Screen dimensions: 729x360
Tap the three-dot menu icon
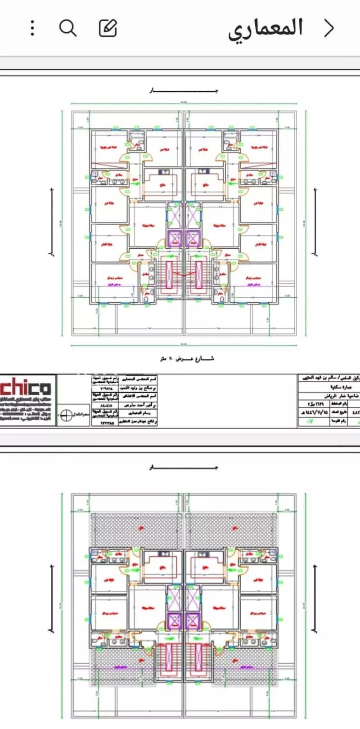point(32,28)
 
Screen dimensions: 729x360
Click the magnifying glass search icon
point(68,28)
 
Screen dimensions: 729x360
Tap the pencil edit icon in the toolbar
point(108,28)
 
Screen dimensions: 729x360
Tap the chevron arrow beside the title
point(330,28)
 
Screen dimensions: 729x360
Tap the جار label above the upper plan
point(184,91)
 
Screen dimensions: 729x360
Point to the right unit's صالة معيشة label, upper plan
point(220,224)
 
